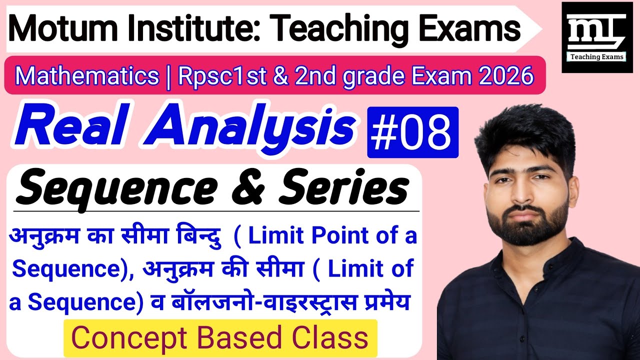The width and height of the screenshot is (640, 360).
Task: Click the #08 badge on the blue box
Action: click(412, 132)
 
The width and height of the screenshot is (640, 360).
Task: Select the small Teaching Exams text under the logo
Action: click(597, 56)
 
